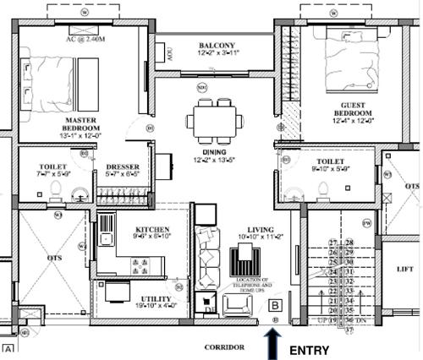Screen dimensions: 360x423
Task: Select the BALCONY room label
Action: (217, 45)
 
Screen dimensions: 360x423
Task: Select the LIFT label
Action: (405, 270)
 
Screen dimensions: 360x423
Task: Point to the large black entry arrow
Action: (273, 344)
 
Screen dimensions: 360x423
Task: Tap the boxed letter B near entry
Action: (274, 306)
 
